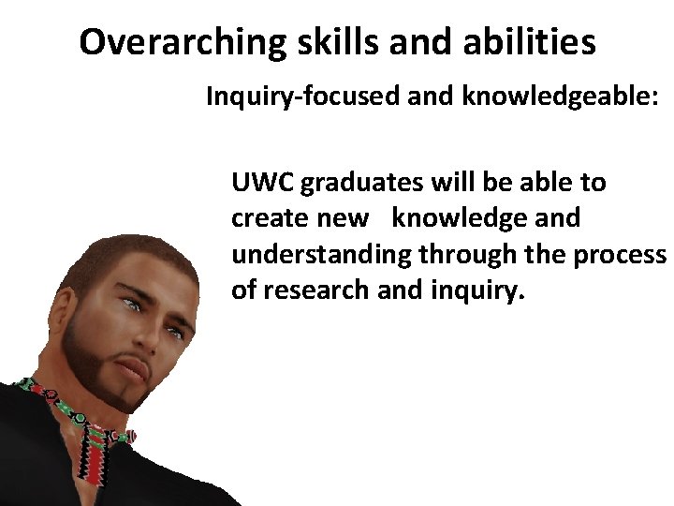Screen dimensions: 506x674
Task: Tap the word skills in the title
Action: coord(320,42)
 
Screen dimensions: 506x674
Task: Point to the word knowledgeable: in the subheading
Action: coord(562,97)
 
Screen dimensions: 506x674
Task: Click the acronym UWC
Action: coord(262,183)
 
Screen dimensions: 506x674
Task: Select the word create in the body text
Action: coord(261,218)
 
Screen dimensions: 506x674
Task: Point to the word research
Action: coord(315,290)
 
